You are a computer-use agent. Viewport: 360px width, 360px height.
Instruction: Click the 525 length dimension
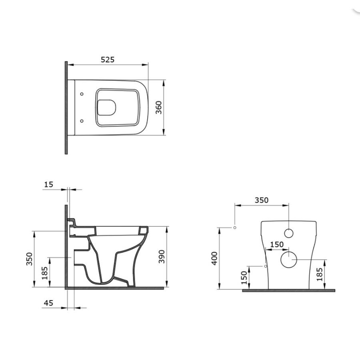click(108, 60)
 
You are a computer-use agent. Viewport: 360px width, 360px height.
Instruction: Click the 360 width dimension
click(159, 108)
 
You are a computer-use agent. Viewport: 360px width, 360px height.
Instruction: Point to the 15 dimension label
click(48, 184)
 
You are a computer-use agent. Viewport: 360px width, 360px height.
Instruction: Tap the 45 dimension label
click(48, 303)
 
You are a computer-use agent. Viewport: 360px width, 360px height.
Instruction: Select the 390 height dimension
click(162, 256)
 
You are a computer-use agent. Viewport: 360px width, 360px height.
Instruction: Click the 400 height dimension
click(214, 258)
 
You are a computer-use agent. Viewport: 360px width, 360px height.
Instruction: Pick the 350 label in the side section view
click(29, 259)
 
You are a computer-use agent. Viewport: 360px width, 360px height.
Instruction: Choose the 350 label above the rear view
click(262, 200)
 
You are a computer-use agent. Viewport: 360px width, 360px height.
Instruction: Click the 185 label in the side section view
click(44, 273)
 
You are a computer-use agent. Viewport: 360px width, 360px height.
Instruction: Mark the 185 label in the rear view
click(319, 274)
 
